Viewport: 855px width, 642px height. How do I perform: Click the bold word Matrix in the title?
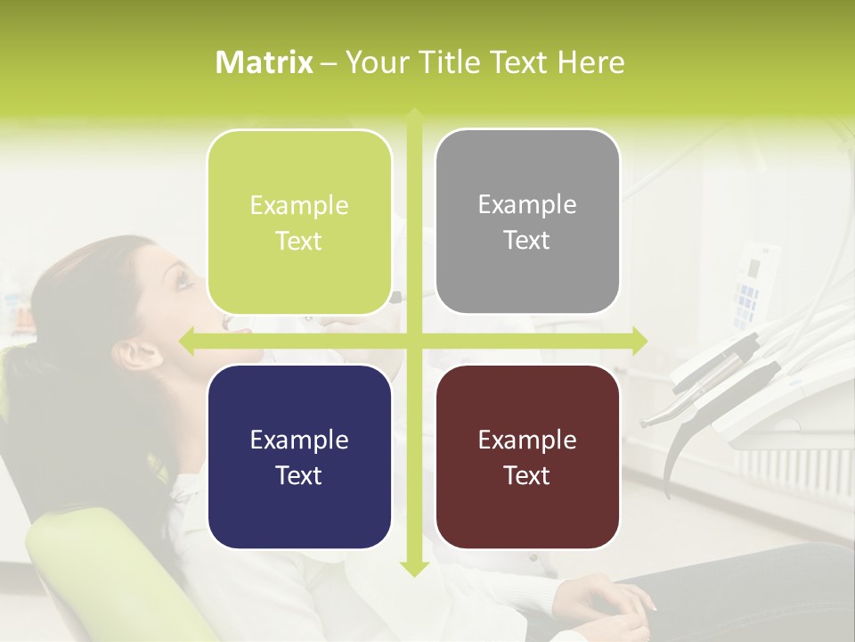tap(265, 62)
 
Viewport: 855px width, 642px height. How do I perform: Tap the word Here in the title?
tap(590, 62)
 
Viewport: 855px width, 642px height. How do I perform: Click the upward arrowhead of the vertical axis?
tap(413, 116)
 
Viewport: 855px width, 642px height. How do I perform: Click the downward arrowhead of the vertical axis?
tap(413, 567)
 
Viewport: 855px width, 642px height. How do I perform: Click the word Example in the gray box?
tap(527, 205)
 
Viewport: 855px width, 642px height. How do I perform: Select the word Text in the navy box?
tap(299, 475)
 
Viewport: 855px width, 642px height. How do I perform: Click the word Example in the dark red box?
tap(527, 440)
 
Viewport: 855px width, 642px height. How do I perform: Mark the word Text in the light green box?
tap(299, 241)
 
